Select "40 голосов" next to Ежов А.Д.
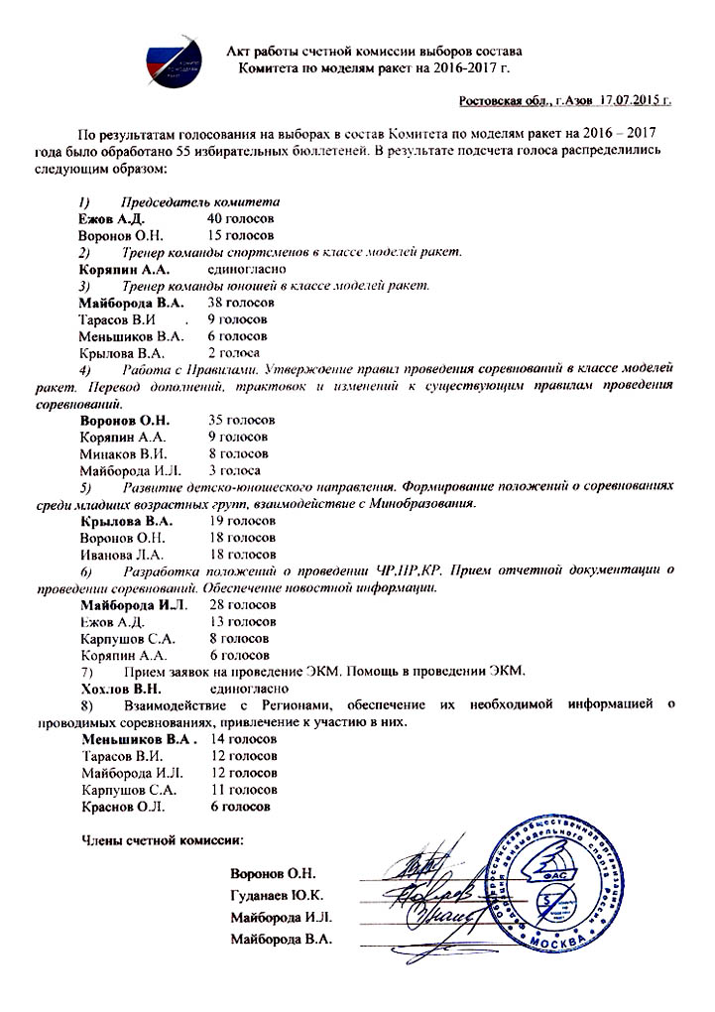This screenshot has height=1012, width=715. [241, 218]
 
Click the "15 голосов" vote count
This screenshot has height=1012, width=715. [241, 235]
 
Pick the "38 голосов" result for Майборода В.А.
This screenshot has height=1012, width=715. [241, 303]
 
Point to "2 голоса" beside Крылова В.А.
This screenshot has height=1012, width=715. [234, 352]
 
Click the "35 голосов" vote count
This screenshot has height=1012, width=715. [242, 420]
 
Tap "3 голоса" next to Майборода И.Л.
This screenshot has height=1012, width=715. [235, 470]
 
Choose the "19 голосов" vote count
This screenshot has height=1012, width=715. [242, 520]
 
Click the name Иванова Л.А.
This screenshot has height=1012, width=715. [122, 554]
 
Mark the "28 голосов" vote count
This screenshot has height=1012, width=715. [242, 604]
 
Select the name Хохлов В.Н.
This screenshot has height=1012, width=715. [120, 688]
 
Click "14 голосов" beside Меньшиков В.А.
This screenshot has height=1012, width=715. [244, 739]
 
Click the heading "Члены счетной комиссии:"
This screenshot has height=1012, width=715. [161, 841]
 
